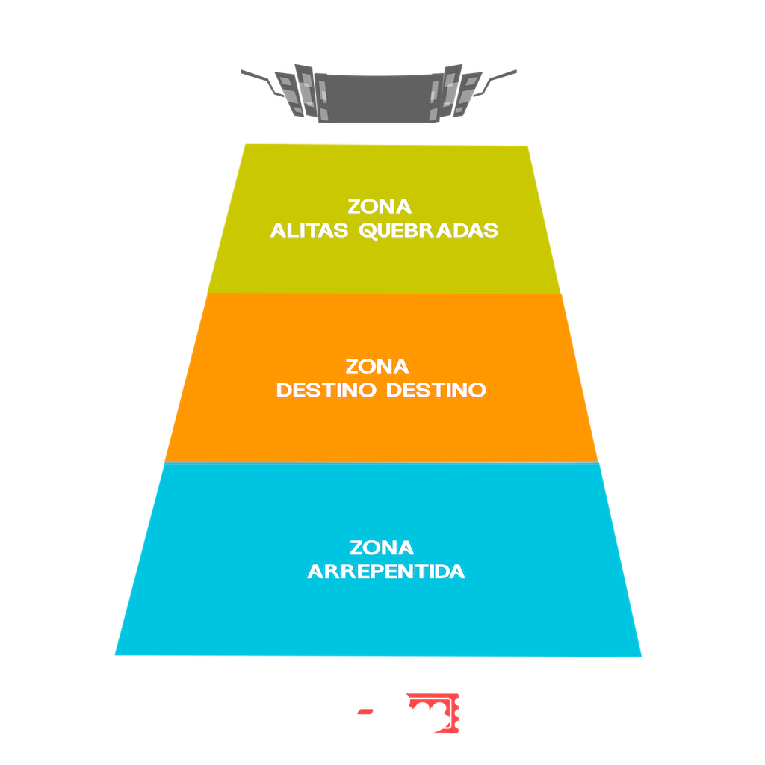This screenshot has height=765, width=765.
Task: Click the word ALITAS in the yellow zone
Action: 309,230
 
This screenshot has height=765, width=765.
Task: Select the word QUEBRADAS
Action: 428,231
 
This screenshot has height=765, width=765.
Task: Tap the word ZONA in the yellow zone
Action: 380,206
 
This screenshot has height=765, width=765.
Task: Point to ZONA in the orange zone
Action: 377,366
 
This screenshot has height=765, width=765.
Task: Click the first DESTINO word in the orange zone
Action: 326,390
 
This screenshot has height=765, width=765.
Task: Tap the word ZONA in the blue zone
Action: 382,548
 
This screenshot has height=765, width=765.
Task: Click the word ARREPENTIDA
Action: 386,572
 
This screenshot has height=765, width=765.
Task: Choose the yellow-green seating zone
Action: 384,219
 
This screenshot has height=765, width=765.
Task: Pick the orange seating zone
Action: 382,378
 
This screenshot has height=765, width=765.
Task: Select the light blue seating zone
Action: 379,560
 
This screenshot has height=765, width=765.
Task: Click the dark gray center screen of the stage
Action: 379,99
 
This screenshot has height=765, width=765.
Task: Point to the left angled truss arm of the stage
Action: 261,82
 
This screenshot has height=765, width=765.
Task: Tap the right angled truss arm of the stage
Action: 495,82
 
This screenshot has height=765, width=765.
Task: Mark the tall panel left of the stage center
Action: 306,90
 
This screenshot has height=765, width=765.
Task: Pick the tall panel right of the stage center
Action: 451,90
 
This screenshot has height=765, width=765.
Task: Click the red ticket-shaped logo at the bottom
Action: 433,713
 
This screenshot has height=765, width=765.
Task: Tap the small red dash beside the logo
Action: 365,712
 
